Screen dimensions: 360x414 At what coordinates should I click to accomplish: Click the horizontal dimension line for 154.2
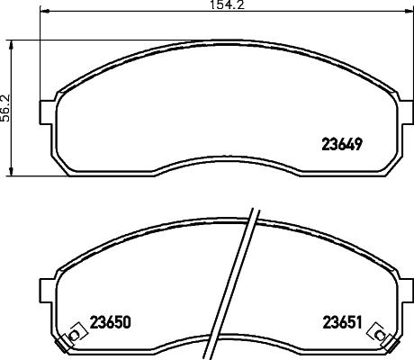pos(135,13)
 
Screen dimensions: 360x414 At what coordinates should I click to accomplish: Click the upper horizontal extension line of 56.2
pos(27,38)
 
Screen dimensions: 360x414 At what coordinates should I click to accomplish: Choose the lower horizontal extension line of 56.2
pos(27,176)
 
